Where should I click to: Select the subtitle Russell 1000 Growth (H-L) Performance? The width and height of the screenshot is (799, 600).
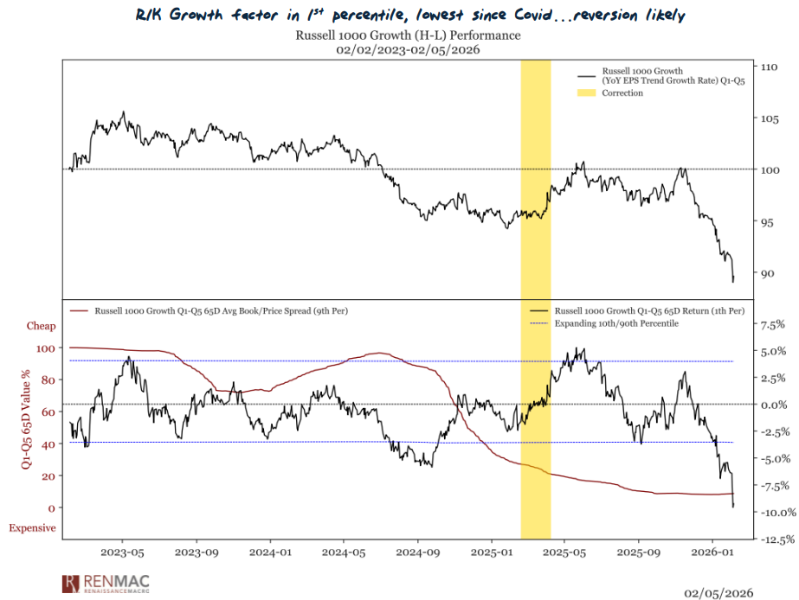[408, 35]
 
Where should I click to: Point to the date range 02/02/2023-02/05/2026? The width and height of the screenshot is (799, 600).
[408, 50]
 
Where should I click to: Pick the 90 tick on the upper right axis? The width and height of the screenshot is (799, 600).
[767, 273]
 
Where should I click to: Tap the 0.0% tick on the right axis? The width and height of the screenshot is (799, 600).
[771, 405]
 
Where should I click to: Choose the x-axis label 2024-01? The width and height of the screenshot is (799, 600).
[271, 575]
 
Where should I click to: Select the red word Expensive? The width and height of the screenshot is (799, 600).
[33, 528]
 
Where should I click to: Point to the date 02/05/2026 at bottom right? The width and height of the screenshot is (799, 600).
[718, 592]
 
